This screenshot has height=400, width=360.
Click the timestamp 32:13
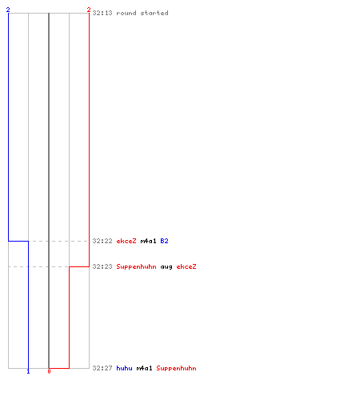click(102, 13)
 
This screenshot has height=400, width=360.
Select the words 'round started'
click(142, 13)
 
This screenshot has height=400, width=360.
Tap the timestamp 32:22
click(102, 241)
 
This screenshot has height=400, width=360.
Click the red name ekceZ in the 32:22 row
click(126, 241)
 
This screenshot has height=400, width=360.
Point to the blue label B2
click(164, 241)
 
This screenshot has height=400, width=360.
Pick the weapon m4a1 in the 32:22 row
click(148, 241)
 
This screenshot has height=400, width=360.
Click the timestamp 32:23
click(102, 266)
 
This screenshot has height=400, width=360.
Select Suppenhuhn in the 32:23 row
click(136, 266)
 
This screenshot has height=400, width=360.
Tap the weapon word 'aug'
click(166, 266)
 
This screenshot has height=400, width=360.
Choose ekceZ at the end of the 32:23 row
click(186, 266)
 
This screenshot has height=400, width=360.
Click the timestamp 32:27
click(102, 368)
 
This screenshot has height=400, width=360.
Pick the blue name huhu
click(124, 368)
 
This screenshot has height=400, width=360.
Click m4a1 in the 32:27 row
click(144, 368)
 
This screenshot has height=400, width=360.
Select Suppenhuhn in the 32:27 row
click(176, 368)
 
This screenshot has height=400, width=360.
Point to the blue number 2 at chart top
click(8, 10)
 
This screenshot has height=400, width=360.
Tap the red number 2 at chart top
click(89, 10)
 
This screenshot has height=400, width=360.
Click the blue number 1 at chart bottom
click(28, 371)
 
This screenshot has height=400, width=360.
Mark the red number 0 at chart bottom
click(49, 371)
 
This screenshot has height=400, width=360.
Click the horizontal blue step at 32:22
click(18, 241)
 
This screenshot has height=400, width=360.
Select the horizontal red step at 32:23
click(79, 266)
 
